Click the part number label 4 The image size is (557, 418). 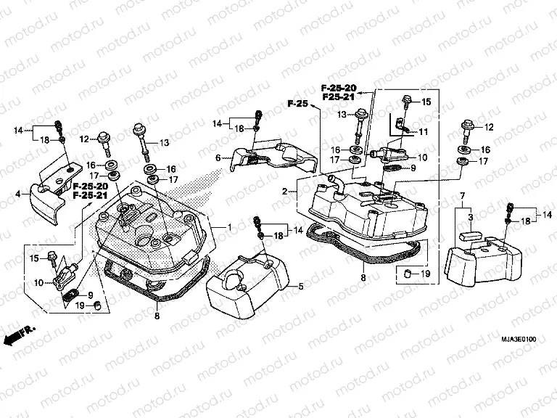(18, 194)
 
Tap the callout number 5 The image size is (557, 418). (301, 287)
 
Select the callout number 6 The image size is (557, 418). (218, 157)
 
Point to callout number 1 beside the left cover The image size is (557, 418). (229, 227)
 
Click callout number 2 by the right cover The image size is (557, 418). (285, 191)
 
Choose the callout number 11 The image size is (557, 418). (424, 131)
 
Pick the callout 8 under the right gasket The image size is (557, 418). (363, 276)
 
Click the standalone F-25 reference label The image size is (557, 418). (297, 104)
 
